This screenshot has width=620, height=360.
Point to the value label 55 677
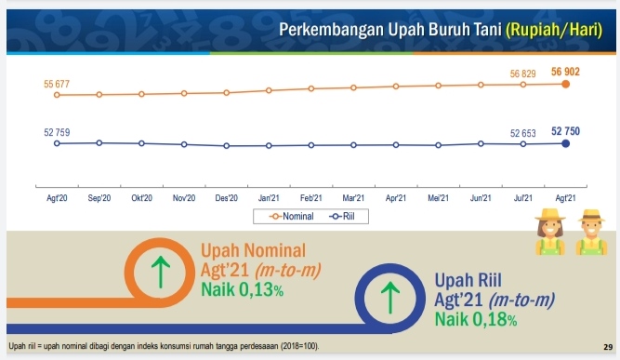[x=58, y=84]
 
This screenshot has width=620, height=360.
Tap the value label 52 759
[x=58, y=133]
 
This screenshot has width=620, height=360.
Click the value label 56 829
[x=524, y=73]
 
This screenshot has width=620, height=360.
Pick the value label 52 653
[x=524, y=133]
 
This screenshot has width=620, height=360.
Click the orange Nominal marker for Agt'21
[x=566, y=84]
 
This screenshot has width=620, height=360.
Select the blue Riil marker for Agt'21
[x=566, y=143]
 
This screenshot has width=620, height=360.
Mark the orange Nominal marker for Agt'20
[x=57, y=94]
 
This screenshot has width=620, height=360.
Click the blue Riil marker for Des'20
[x=227, y=145]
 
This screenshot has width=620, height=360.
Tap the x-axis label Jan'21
[x=269, y=197]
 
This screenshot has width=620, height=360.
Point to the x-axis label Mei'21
[x=439, y=197]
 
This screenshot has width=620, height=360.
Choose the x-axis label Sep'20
[x=99, y=197]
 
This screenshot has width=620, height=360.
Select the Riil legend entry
[x=343, y=216]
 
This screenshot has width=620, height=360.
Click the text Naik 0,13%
[x=243, y=289]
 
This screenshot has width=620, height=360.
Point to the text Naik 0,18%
[x=476, y=319]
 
